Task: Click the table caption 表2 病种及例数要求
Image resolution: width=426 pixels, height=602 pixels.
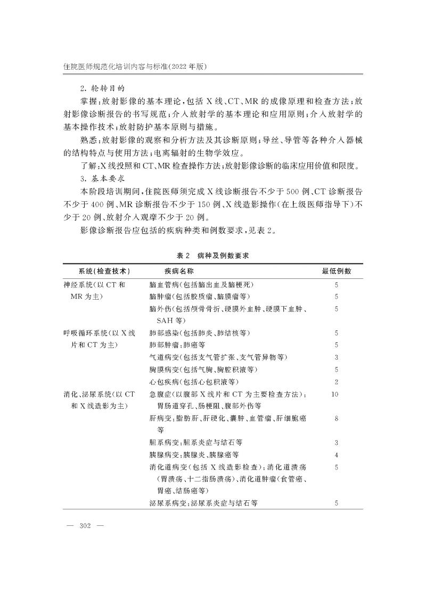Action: [213, 255]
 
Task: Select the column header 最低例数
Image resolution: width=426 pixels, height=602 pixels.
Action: [337, 271]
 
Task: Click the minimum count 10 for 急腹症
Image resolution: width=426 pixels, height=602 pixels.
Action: [335, 394]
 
